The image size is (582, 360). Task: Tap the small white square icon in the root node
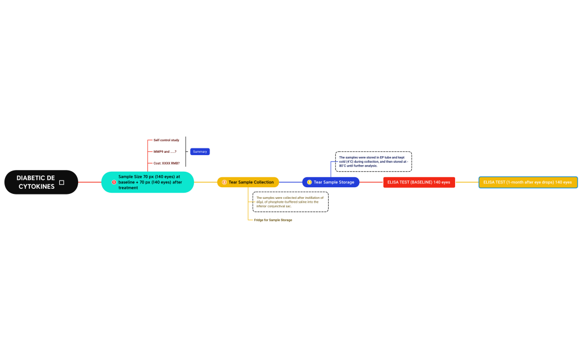pyautogui.click(x=62, y=182)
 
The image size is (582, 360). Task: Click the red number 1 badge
pyautogui.click(x=114, y=182)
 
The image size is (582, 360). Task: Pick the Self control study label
pyautogui.click(x=166, y=140)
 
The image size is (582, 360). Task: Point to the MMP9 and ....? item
pyautogui.click(x=165, y=152)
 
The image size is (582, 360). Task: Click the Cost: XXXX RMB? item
pyautogui.click(x=166, y=163)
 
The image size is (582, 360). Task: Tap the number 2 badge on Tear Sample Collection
pyautogui.click(x=224, y=182)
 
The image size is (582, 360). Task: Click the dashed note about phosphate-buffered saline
pyautogui.click(x=290, y=202)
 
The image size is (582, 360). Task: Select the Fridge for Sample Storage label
pyautogui.click(x=273, y=220)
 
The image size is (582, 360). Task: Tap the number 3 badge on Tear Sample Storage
pyautogui.click(x=309, y=182)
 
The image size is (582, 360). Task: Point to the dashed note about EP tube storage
pyautogui.click(x=374, y=161)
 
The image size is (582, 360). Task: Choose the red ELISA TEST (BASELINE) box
pyautogui.click(x=418, y=182)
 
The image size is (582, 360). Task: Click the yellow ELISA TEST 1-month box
pyautogui.click(x=528, y=182)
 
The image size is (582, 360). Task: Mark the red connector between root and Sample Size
pyautogui.click(x=90, y=182)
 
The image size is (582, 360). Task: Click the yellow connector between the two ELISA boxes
pyautogui.click(x=467, y=182)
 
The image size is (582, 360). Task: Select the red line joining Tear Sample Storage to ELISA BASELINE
pyautogui.click(x=371, y=182)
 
